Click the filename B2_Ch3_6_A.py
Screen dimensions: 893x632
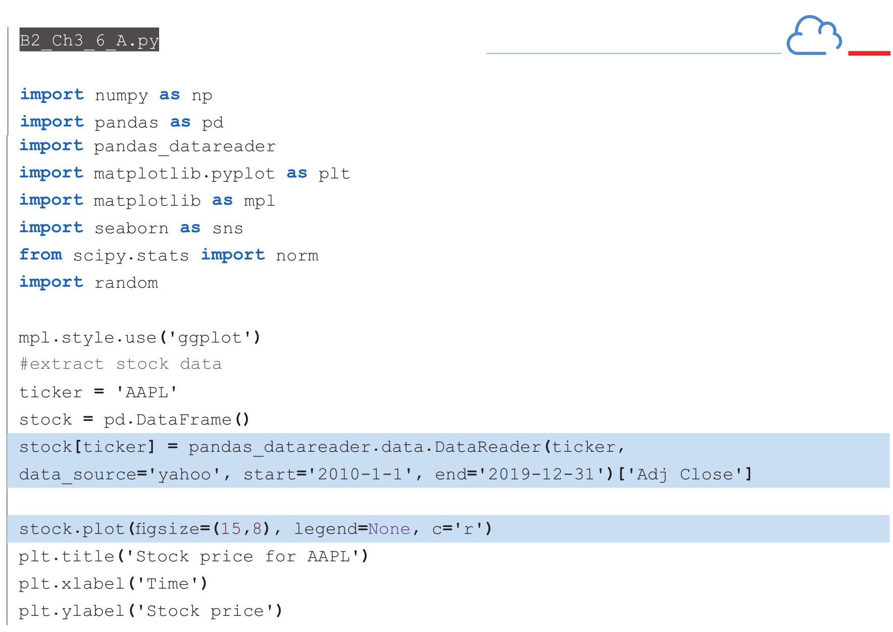pyautogui.click(x=89, y=40)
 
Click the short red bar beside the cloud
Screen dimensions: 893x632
pyautogui.click(x=869, y=53)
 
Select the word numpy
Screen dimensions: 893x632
pyautogui.click(x=121, y=95)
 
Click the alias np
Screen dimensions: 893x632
pyautogui.click(x=202, y=96)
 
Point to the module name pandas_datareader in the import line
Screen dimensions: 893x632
pyautogui.click(x=185, y=146)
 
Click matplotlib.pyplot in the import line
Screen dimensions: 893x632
pyautogui.click(x=184, y=174)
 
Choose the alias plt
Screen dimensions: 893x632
pyautogui.click(x=334, y=174)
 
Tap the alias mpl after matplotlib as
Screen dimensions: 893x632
pyautogui.click(x=260, y=201)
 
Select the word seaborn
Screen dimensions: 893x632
pyautogui.click(x=131, y=228)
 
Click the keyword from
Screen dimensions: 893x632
pyautogui.click(x=41, y=254)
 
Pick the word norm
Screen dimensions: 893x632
pyautogui.click(x=297, y=255)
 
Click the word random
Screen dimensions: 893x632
pyautogui.click(x=126, y=283)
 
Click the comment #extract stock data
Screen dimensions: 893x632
pyautogui.click(x=121, y=364)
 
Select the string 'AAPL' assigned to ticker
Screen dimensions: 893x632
pyautogui.click(x=146, y=392)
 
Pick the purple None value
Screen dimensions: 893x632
pyautogui.click(x=389, y=529)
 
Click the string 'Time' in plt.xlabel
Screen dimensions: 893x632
pyautogui.click(x=167, y=584)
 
